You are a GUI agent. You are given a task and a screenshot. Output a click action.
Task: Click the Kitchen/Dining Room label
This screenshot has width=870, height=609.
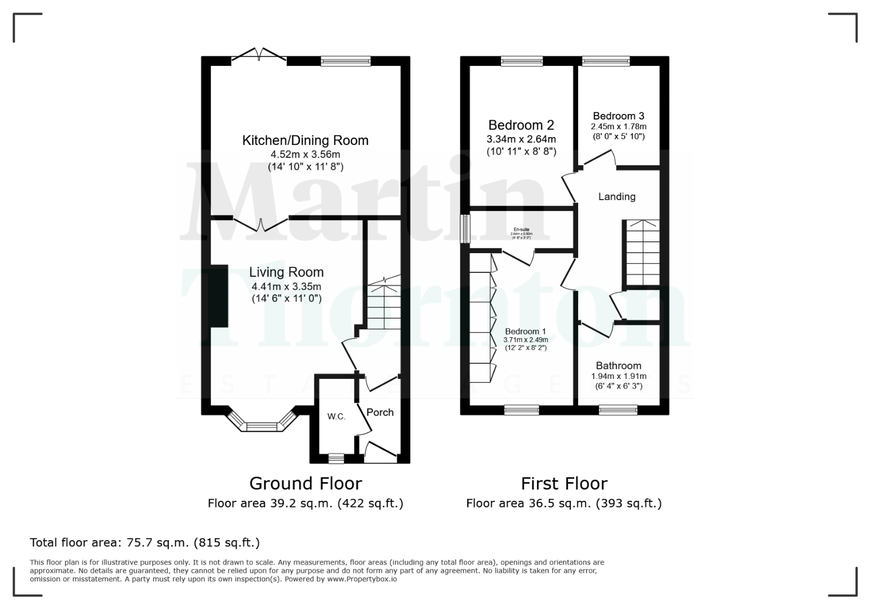(x=305, y=140)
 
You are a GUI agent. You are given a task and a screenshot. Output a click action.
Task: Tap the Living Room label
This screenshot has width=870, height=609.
(x=286, y=272)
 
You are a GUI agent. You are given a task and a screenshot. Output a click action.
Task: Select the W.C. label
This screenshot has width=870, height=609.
(x=336, y=417)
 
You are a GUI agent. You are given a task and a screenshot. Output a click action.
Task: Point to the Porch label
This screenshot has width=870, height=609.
(x=380, y=412)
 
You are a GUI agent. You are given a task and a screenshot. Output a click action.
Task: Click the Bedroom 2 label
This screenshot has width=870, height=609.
(x=521, y=125)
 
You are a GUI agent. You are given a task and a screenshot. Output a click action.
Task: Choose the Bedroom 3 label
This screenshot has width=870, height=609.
(x=618, y=116)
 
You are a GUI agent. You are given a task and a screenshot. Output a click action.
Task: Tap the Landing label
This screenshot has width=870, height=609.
(x=616, y=197)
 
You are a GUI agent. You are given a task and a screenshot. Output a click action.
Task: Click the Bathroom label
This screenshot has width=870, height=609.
(x=618, y=366)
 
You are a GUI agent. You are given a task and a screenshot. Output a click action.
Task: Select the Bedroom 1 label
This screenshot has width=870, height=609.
(x=525, y=332)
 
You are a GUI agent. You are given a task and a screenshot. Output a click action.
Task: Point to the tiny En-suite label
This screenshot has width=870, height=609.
(x=521, y=230)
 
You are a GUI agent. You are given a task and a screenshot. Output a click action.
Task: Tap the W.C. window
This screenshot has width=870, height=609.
(x=336, y=458)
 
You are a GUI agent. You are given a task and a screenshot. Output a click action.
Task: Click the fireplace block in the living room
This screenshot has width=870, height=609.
(x=219, y=296)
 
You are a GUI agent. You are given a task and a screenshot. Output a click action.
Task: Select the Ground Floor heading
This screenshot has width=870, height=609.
(x=305, y=484)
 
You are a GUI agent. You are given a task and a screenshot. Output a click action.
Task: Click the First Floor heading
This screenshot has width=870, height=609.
(x=563, y=484)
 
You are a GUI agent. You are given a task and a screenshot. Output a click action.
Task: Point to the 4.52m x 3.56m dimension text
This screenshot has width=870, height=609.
(x=305, y=155)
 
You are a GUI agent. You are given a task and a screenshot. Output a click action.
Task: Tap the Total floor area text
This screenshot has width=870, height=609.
(x=144, y=543)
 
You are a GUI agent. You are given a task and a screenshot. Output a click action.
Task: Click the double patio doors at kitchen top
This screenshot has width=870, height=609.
(x=259, y=56)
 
